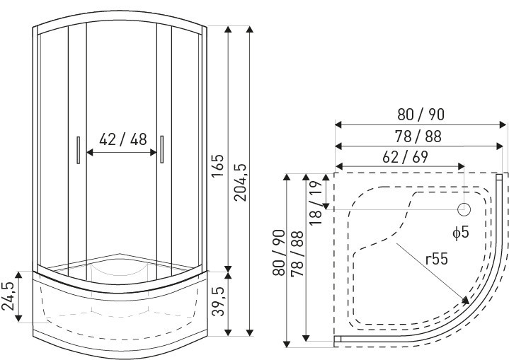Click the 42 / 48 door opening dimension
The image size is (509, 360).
tap(123, 139)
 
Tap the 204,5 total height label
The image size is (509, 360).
tap(241, 182)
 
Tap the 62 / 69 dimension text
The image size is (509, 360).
tap(401, 157)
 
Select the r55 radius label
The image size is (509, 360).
tap(437, 260)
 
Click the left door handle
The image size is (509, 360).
tap(76, 151)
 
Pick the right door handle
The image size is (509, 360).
tap(162, 151)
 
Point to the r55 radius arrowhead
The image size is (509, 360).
tap(465, 303)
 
